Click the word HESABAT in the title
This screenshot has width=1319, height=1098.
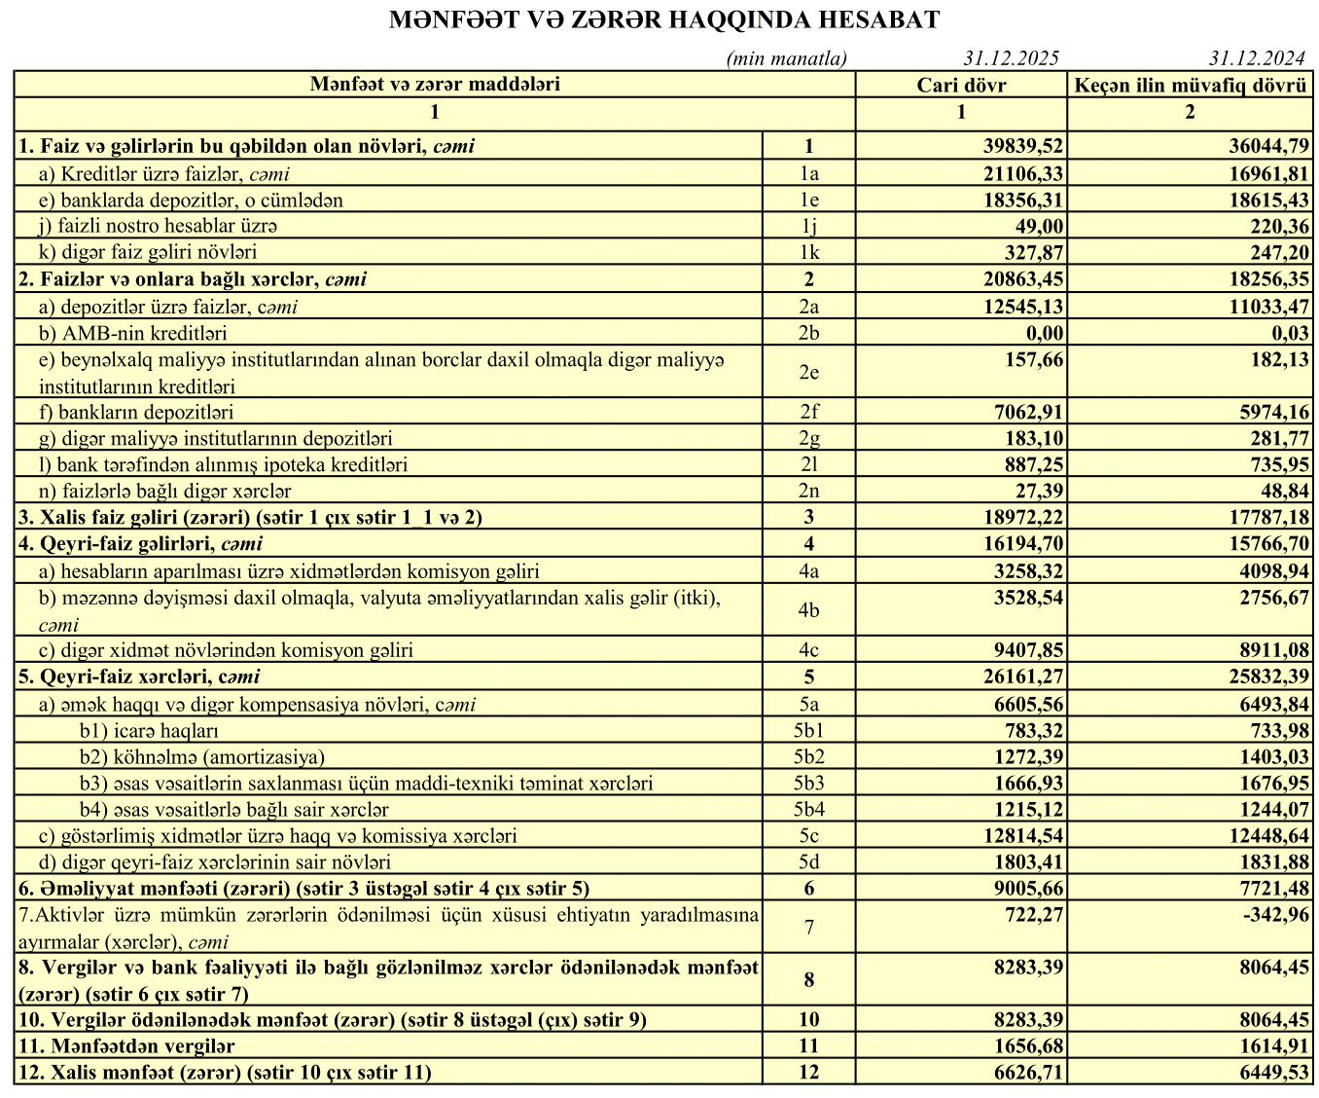coord(880,19)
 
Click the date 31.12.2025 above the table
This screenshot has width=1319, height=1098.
coord(1012,58)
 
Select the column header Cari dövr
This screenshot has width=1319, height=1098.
coord(961,85)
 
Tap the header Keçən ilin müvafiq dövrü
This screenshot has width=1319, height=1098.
coord(1190,85)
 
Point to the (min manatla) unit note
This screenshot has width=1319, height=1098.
coord(786,58)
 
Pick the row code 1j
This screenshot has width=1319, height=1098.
coord(808,226)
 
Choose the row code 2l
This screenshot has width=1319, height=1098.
coord(808,464)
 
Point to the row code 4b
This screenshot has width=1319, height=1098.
coord(808,610)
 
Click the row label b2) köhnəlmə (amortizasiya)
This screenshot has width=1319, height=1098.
coord(202,756)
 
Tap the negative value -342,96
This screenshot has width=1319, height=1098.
coord(1275,915)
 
